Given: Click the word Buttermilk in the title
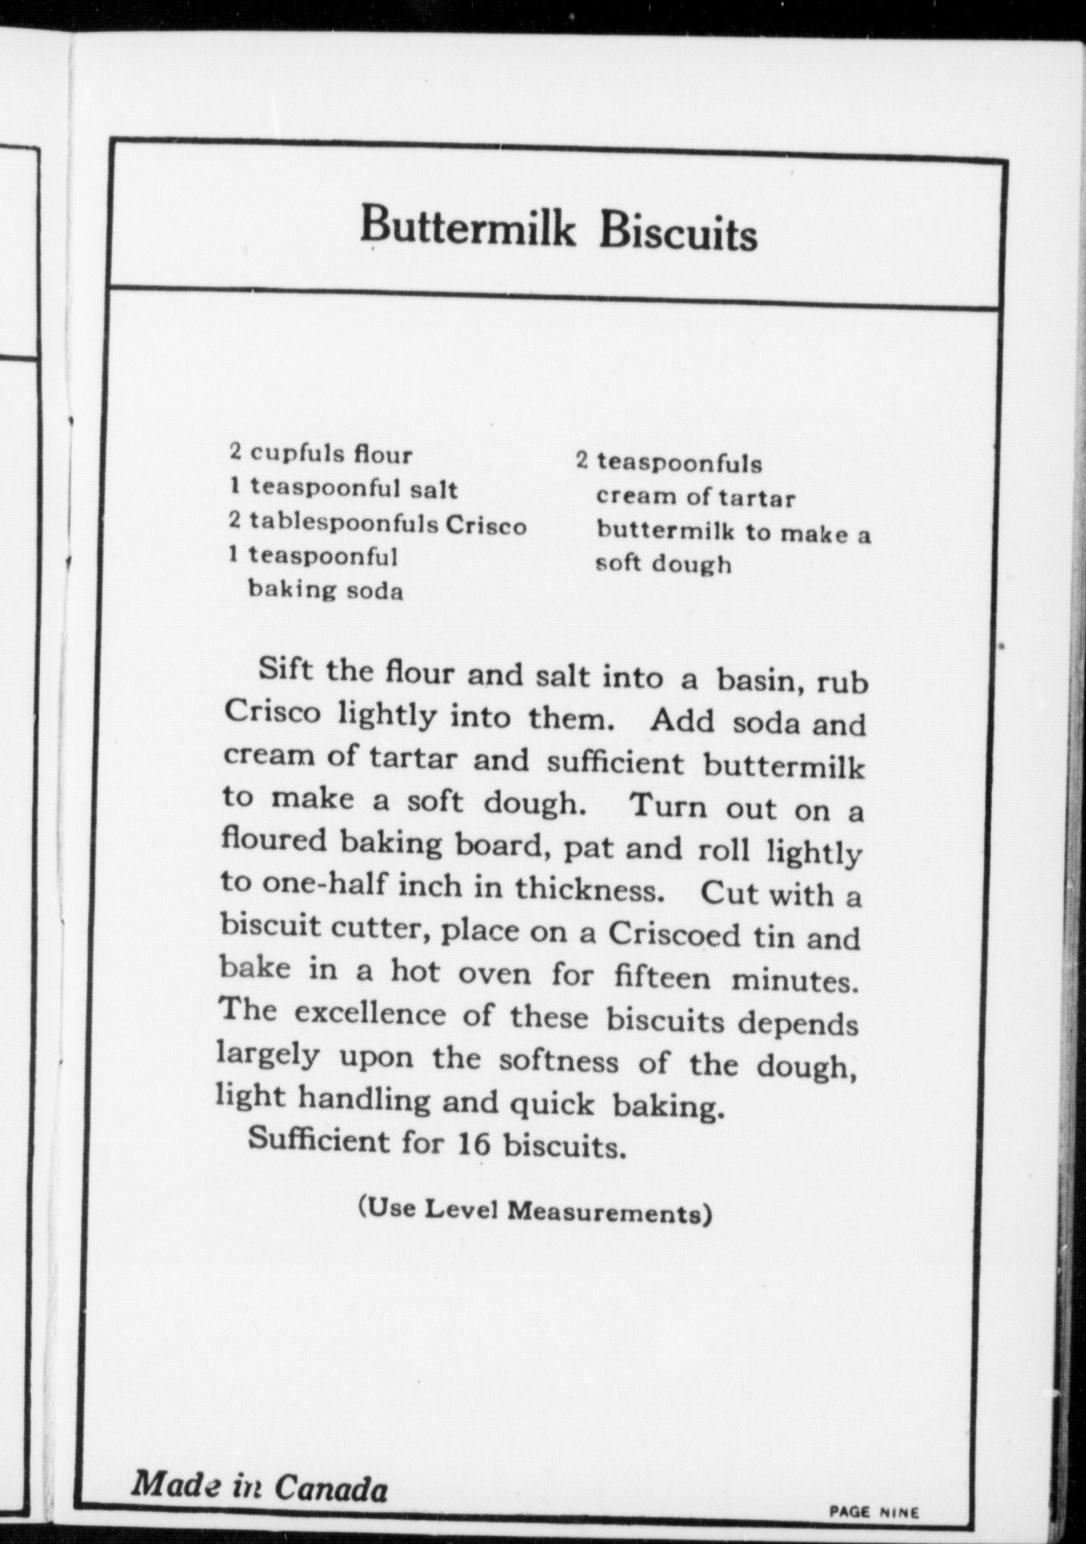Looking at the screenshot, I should (468, 228).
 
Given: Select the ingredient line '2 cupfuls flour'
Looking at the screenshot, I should (321, 452).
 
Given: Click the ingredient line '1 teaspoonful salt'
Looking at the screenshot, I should (343, 488).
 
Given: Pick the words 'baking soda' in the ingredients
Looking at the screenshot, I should (325, 590).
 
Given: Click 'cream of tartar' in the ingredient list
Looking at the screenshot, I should (695, 497).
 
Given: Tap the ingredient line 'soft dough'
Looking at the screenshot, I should (663, 564).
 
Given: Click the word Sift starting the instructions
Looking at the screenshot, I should (285, 670).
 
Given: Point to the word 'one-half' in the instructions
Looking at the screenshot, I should (313, 884).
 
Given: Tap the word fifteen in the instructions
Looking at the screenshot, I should (663, 976).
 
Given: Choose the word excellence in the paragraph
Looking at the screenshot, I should (370, 1015).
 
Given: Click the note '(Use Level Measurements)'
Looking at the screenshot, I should (535, 1210).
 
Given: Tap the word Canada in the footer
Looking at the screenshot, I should (330, 1487).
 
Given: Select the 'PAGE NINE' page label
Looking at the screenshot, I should (873, 1512).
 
